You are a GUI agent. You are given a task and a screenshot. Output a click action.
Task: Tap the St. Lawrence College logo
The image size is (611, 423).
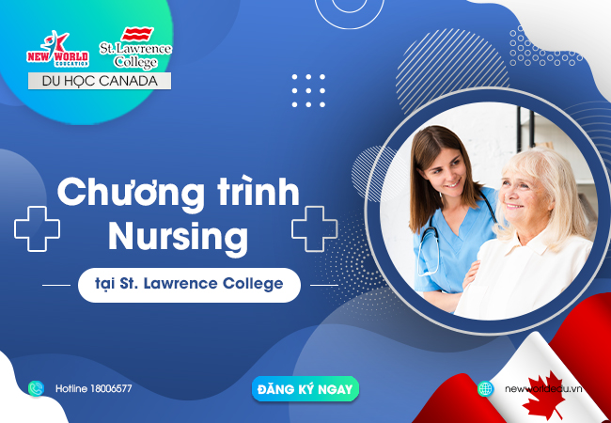coord(135,48)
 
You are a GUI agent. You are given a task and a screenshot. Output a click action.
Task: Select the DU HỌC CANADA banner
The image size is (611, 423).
coord(100,81)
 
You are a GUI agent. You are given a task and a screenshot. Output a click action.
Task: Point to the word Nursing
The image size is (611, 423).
coord(178,238)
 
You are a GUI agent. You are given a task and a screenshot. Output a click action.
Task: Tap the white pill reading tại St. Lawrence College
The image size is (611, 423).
coord(189,285)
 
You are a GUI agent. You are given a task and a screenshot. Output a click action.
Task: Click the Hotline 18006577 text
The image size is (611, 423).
coord(93,388)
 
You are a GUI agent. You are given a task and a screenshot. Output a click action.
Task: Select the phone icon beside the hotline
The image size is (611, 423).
coord(36,388)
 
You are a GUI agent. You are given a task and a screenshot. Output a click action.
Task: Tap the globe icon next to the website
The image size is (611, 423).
coord(486,389)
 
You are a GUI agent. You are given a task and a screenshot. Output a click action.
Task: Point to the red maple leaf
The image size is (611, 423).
coord(543,394)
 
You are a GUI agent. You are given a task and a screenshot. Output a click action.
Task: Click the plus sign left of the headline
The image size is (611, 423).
coord(37,228)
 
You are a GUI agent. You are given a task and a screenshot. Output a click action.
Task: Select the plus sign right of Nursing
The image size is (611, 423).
coord(315,228)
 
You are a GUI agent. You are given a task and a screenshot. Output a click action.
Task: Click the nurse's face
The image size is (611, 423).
coord(446,171)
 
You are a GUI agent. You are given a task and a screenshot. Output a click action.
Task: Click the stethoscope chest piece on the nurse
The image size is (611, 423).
coord(429,237)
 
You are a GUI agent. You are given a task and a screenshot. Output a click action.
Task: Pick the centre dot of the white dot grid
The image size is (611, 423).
coord(308,91)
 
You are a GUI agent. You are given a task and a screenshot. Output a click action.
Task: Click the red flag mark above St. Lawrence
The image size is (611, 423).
coord(137,34)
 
